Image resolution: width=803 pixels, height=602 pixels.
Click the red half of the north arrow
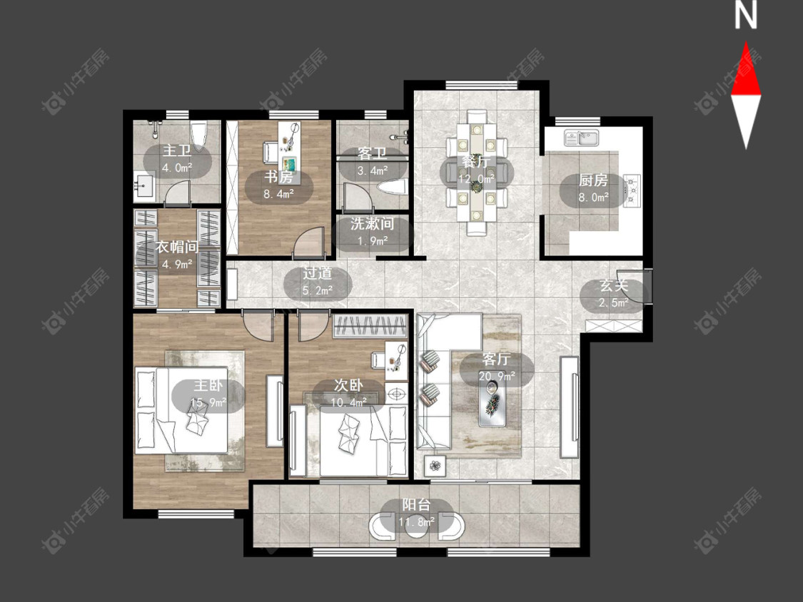point(746,71)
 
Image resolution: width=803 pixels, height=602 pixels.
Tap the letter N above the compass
point(745,16)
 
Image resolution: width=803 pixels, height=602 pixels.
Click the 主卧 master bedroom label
point(208,385)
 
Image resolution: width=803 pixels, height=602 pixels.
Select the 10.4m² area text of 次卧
point(348,402)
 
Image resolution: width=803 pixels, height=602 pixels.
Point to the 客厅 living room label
point(496,359)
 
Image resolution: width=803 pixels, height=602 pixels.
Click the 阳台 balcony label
point(416,505)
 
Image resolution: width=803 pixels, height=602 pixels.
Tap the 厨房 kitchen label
point(593,180)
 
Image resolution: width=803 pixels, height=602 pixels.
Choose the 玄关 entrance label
point(614,285)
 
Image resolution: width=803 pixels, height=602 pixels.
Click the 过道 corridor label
point(318,273)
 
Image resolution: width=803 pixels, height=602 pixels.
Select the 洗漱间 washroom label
point(373,224)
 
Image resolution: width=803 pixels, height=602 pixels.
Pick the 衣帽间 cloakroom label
point(177,248)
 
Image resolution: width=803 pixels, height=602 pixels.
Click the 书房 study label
point(278,177)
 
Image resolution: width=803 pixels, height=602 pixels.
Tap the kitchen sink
point(582,138)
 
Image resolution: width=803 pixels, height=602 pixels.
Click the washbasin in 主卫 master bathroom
point(145,186)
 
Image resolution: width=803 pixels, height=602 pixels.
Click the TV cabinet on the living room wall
point(570,407)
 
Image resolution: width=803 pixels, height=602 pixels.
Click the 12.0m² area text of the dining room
point(476,178)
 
